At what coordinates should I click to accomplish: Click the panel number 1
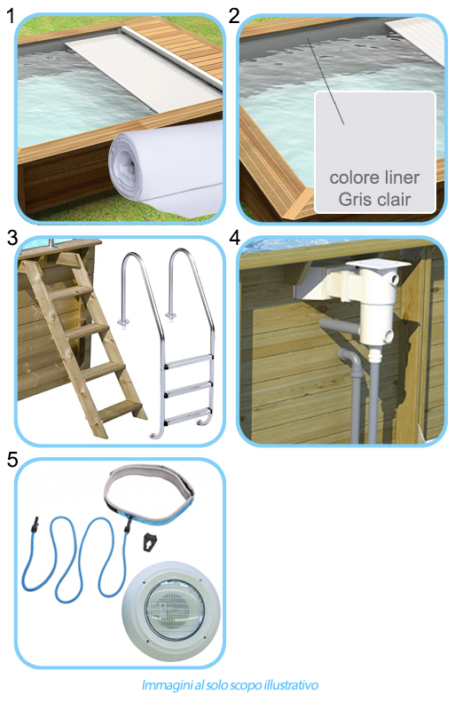click(x=10, y=15)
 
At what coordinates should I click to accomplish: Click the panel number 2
click(x=234, y=15)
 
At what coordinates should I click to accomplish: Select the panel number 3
click(x=11, y=237)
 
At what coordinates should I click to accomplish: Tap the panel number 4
click(x=234, y=237)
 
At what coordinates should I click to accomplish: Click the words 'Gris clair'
click(x=374, y=199)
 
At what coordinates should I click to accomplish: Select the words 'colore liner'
click(x=374, y=177)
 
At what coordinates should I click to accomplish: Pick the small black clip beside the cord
click(x=149, y=543)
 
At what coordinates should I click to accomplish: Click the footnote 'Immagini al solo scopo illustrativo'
click(x=229, y=685)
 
